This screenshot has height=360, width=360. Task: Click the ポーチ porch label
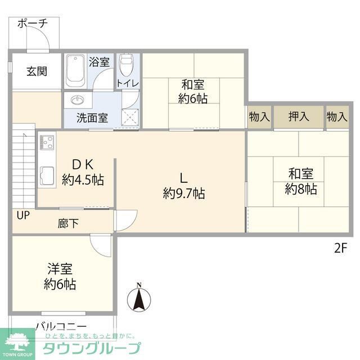[x=32, y=23]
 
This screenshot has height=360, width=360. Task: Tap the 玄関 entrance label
[x=36, y=71]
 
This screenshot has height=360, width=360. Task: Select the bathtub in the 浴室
[x=74, y=71]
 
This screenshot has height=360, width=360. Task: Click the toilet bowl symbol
[x=127, y=66]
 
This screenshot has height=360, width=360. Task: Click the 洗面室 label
[x=93, y=119]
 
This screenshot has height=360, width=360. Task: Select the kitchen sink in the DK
[x=46, y=175]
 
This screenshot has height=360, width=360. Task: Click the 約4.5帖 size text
[x=83, y=180]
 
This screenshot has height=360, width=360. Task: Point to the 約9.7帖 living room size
[x=183, y=194]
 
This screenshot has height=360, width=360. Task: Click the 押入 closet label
[x=298, y=117]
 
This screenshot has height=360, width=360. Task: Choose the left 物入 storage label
[x=259, y=117]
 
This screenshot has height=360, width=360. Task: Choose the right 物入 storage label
[x=336, y=117]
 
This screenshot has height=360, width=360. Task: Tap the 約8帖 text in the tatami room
[x=301, y=189]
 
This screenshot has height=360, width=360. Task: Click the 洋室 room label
[x=60, y=269]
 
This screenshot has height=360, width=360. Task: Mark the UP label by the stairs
[x=23, y=215]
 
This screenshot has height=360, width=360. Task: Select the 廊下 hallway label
[x=68, y=223]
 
